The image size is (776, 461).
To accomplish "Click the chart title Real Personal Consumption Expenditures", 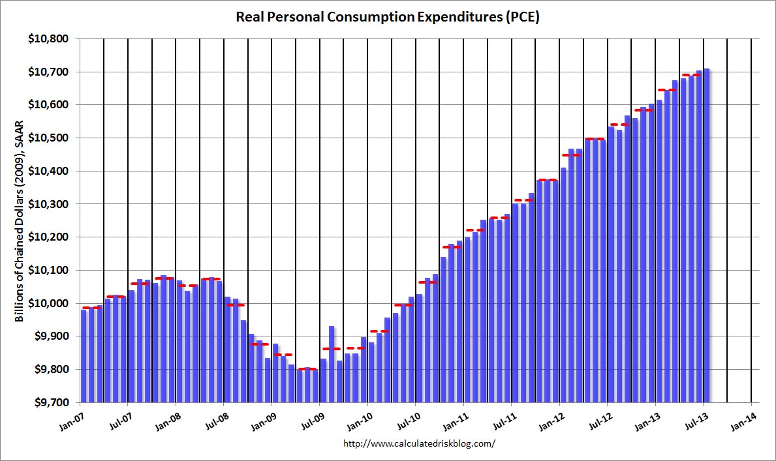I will pyautogui.click(x=388, y=18).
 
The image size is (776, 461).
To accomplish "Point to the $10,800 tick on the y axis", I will pyautogui.click(x=50, y=39).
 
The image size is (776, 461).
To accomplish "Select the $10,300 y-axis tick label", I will pyautogui.click(x=50, y=204).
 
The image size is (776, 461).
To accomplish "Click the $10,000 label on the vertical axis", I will pyautogui.click(x=50, y=303).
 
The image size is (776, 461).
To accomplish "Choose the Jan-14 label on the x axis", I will pyautogui.click(x=749, y=415).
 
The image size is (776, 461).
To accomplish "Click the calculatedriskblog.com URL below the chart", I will pyautogui.click(x=419, y=443).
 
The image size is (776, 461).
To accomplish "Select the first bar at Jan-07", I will pyautogui.click(x=84, y=355).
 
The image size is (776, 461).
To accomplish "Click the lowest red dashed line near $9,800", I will pyautogui.click(x=307, y=369).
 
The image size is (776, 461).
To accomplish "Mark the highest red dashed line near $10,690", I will pyautogui.click(x=691, y=75).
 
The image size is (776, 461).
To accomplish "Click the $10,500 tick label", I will pyautogui.click(x=50, y=138).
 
